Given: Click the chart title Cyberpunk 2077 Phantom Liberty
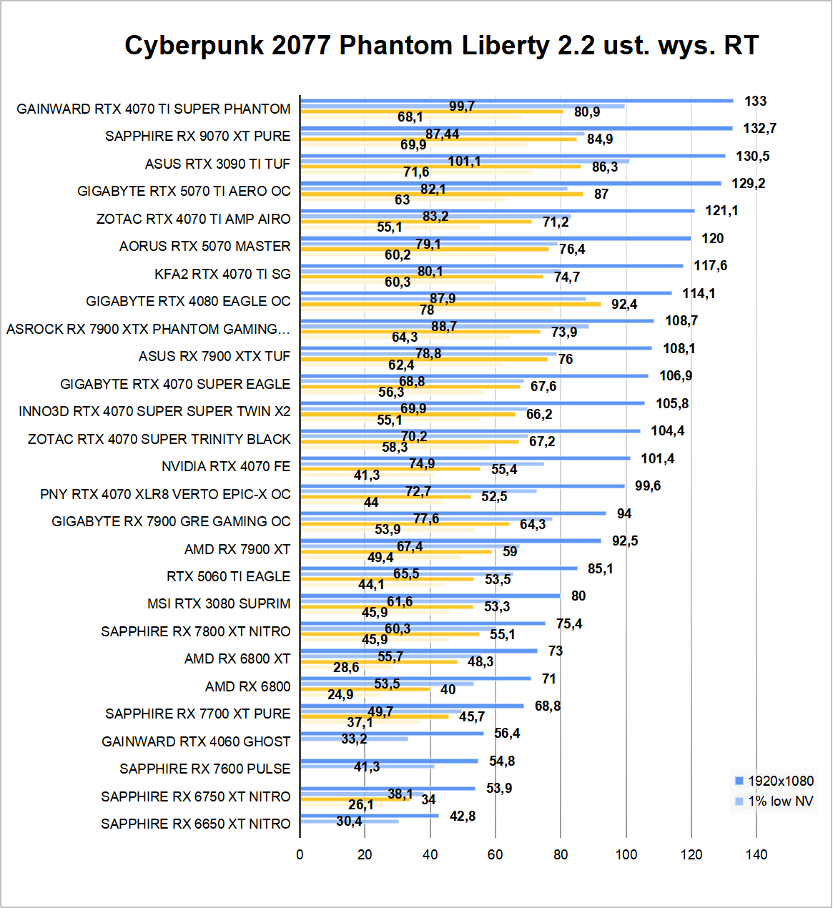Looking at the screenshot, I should click(x=440, y=45).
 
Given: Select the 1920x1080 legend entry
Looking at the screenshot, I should click(x=780, y=781).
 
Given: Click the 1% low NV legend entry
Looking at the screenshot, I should click(x=780, y=801).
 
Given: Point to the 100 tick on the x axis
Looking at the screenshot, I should click(x=626, y=854).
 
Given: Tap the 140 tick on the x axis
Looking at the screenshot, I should click(x=756, y=854).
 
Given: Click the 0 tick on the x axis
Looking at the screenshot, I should click(x=300, y=854).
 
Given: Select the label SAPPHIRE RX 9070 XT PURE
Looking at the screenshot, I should click(x=197, y=136).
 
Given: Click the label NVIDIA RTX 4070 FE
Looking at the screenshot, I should click(x=226, y=466).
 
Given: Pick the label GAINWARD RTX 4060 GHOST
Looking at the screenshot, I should click(x=196, y=741).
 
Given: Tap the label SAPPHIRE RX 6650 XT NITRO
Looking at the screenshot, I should click(x=195, y=824).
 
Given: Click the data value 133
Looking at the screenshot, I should click(x=755, y=101).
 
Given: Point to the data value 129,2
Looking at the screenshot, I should click(x=748, y=183).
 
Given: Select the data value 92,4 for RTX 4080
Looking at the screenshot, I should click(x=623, y=304).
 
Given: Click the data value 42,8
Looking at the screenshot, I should click(x=463, y=816).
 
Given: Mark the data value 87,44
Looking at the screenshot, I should click(x=442, y=134).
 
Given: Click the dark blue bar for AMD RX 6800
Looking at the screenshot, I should click(x=415, y=678).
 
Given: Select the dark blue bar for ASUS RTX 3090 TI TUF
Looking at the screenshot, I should click(x=513, y=156).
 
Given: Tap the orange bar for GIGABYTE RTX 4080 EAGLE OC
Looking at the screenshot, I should click(x=450, y=304).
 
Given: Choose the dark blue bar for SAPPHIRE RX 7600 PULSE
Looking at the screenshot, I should click(x=389, y=761).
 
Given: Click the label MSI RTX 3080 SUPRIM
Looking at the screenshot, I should click(x=219, y=603).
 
